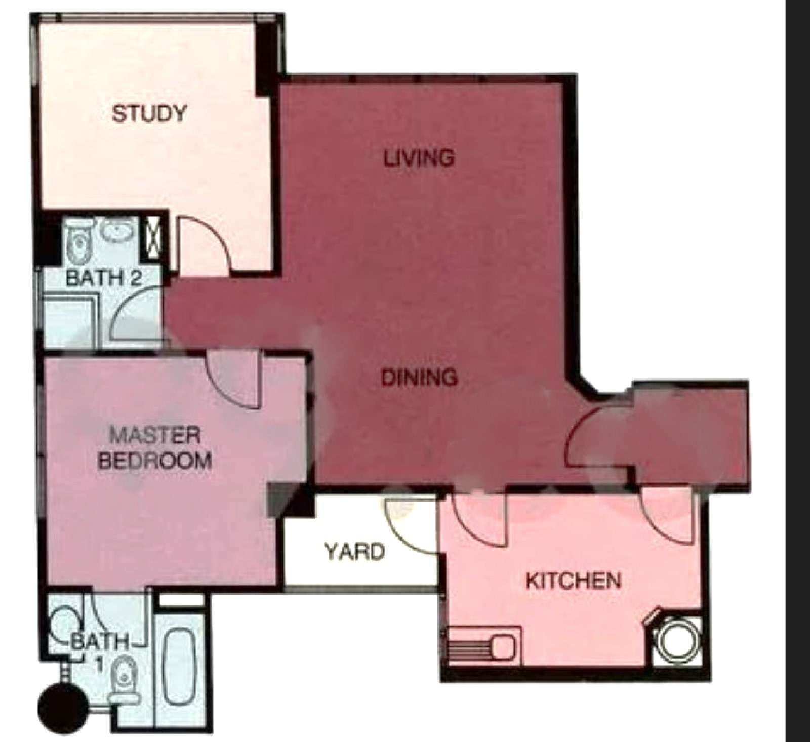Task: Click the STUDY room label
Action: click(149, 113)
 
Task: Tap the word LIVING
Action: click(418, 158)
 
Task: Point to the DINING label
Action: click(419, 377)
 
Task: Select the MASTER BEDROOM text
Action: click(154, 448)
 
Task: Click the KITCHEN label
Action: click(573, 581)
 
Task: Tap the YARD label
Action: click(354, 551)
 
